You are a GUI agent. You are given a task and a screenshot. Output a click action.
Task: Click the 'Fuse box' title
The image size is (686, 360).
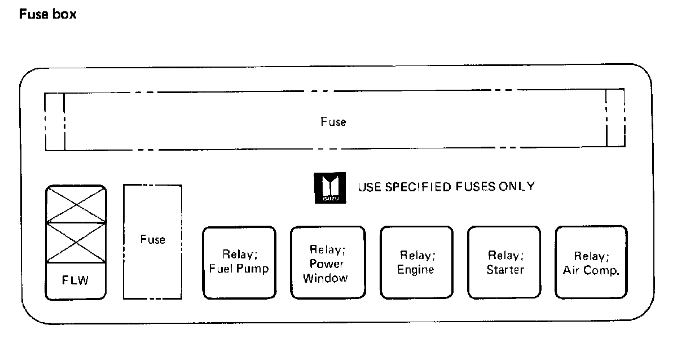(48, 15)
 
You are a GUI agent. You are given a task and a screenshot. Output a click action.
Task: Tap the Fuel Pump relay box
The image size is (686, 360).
(239, 262)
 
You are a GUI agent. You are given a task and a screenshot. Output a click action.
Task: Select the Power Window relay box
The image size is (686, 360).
(328, 262)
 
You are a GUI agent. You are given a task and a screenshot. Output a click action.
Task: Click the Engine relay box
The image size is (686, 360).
(416, 262)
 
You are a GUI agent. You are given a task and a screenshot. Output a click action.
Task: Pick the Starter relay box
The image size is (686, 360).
(504, 262)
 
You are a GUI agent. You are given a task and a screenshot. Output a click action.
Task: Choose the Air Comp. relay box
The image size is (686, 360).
(591, 262)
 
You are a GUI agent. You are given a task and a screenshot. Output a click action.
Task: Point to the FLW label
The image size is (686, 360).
(76, 280)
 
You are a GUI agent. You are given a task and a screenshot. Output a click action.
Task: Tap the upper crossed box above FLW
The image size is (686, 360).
(76, 204)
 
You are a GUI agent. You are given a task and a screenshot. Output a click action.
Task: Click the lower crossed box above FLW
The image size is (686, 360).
(76, 243)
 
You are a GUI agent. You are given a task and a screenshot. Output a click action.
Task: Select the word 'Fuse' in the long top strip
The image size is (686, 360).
(333, 121)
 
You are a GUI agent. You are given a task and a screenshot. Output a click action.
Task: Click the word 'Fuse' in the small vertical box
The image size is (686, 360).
(152, 240)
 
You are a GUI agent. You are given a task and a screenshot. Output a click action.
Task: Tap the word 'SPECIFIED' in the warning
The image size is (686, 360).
(416, 187)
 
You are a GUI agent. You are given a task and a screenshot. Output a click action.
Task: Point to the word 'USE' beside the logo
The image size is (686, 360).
(368, 187)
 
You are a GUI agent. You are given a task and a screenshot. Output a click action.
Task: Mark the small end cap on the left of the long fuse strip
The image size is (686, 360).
(55, 122)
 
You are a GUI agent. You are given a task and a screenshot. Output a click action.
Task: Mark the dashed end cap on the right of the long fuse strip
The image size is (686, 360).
(615, 118)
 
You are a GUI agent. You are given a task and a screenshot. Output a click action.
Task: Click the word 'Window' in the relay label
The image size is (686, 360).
(325, 278)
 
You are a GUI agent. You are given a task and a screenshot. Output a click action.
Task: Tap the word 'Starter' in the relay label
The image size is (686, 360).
(505, 270)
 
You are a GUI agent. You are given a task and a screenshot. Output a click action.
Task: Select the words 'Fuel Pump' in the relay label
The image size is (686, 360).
(239, 269)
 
